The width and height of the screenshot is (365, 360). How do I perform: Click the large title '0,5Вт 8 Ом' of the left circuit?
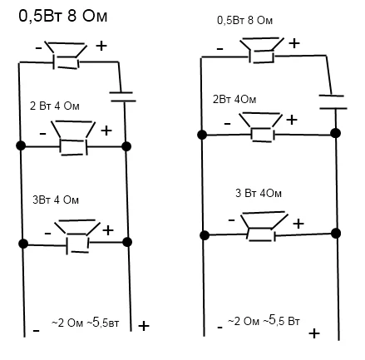(x=62, y=16)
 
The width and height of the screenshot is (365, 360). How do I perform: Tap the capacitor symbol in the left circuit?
(x=123, y=96)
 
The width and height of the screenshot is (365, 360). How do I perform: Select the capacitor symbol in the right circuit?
(x=333, y=101)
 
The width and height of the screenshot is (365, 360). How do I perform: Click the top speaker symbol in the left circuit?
(x=66, y=56)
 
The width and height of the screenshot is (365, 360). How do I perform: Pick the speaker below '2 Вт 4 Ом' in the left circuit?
(x=73, y=138)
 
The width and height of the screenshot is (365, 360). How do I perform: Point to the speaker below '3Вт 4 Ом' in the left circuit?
(x=77, y=236)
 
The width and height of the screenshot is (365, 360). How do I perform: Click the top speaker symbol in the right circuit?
(x=262, y=50)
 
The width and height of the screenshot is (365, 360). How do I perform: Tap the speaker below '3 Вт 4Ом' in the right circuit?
(x=264, y=226)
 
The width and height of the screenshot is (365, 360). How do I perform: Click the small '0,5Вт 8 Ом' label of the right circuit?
(x=244, y=21)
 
